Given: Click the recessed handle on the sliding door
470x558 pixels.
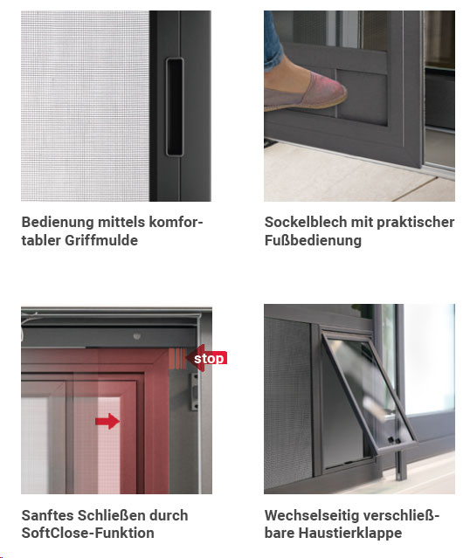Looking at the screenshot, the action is (x=175, y=107).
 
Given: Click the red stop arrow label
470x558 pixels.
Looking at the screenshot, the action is (x=206, y=358).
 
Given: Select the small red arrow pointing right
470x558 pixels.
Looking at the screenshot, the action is (x=107, y=422).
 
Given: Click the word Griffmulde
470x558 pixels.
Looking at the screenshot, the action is (x=101, y=240).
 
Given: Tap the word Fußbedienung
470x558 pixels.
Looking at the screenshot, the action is (x=313, y=240).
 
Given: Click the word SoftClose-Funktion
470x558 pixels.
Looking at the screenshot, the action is (x=88, y=533).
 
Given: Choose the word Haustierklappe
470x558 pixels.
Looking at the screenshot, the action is (x=350, y=533).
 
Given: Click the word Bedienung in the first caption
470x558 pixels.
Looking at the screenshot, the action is (x=58, y=222).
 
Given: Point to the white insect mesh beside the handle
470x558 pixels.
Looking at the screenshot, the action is (x=85, y=106).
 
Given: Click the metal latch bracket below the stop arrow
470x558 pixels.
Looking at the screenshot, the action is (x=195, y=391).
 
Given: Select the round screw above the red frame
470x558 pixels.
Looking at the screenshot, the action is (x=137, y=335).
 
